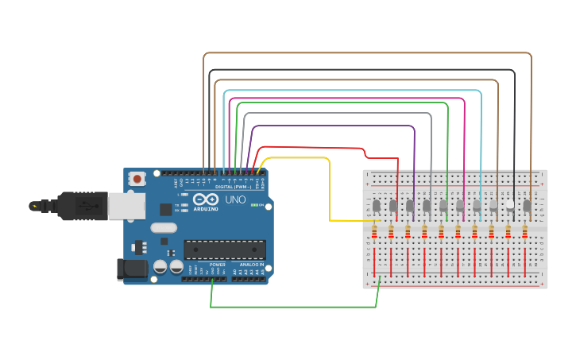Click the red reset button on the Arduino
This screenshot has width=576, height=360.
coord(137,179)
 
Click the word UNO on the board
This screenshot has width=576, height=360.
coord(236,199)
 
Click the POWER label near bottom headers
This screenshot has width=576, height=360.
coord(217,264)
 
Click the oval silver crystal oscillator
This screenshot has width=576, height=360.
coord(163,229)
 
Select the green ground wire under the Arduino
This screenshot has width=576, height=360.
coord(294,307)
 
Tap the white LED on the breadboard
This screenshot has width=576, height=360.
coord(510,205)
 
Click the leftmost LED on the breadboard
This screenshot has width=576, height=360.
coord(376,206)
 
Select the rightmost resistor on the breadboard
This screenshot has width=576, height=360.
coord(525,232)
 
